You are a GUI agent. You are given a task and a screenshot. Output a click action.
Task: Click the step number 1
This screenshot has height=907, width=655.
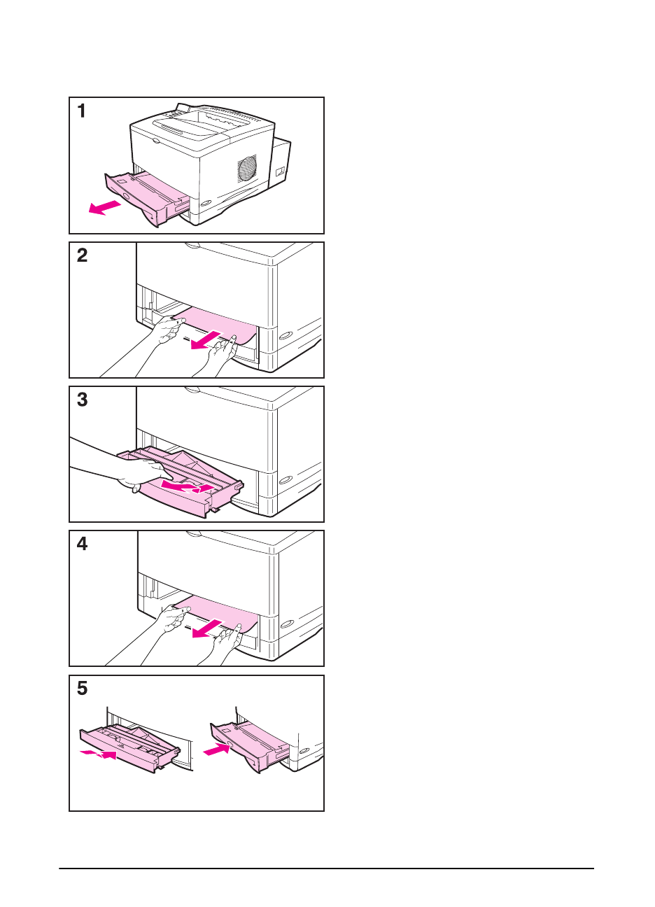82,111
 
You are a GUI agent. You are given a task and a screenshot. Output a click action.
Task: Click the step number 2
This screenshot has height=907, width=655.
82,255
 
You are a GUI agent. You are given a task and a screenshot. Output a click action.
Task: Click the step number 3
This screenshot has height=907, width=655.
82,400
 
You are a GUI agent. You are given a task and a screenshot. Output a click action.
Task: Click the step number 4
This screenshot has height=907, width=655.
82,544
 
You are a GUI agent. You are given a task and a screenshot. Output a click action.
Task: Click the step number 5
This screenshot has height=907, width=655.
82,688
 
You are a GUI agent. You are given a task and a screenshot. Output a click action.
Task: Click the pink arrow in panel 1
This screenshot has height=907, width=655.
105,207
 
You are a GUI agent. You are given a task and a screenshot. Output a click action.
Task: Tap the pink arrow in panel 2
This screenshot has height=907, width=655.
206,339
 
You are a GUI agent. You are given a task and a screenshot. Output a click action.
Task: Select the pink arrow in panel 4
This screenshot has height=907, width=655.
207,628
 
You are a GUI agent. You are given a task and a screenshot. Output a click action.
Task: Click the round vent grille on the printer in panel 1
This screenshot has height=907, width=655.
247,168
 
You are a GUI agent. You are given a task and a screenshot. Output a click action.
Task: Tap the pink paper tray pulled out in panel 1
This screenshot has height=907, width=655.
146,197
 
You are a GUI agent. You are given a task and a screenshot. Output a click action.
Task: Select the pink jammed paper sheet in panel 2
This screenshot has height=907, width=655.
217,325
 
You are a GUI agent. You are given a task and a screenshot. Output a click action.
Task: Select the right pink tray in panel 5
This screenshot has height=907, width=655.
249,747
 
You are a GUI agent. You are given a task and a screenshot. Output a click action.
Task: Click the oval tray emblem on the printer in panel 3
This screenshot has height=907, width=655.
286,480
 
